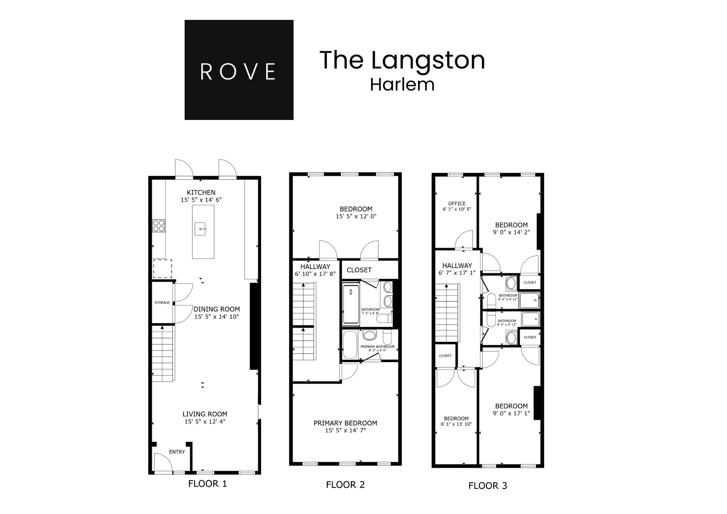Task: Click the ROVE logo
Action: [x=239, y=70]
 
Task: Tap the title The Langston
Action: [x=402, y=60]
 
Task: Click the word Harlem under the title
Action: [x=402, y=85]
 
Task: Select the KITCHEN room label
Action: [x=201, y=192]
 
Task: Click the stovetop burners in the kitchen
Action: [x=158, y=226]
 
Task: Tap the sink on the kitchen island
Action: [x=201, y=229]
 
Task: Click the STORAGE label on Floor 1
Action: [x=162, y=302]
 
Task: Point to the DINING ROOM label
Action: [x=217, y=309]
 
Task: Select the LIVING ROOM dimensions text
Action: [x=205, y=422]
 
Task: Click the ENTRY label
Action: [x=177, y=452]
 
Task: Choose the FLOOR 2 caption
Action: [x=345, y=485]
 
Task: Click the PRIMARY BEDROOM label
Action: [x=345, y=423]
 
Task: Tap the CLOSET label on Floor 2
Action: [x=359, y=270]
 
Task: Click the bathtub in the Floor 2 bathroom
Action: [x=351, y=303]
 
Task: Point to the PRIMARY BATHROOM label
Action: [x=377, y=347]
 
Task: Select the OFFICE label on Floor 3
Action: [x=457, y=204]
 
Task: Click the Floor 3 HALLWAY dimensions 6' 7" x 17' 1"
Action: [x=457, y=273]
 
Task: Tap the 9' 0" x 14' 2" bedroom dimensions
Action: [x=511, y=233]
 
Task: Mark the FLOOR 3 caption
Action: [x=488, y=486]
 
